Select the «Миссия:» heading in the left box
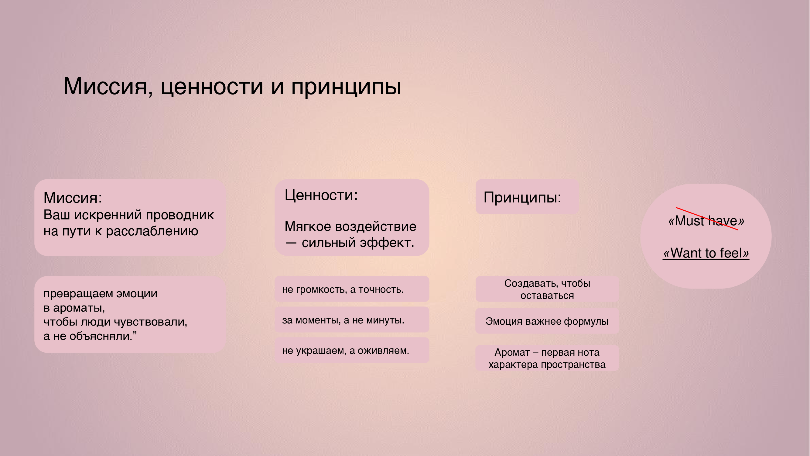[x=73, y=198]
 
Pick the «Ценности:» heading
[x=321, y=195]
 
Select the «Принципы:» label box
[x=527, y=197]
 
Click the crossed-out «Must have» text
[x=706, y=221]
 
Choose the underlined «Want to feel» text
[x=706, y=253]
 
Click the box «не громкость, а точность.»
[x=352, y=289]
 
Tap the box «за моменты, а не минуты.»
[x=352, y=320]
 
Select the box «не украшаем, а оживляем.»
[x=352, y=350]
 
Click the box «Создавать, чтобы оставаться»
[x=547, y=289]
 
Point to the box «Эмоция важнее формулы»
[x=547, y=321]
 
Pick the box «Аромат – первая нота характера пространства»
[x=547, y=358]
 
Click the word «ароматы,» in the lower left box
[x=79, y=308]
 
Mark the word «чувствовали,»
[x=150, y=322]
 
